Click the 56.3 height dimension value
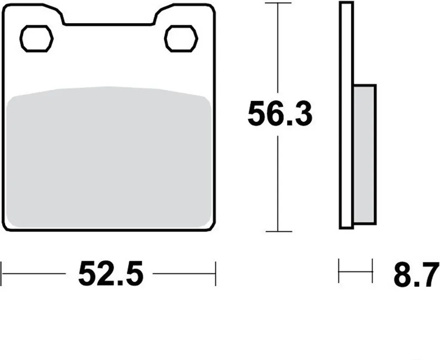[280, 114]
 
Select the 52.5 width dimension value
[111, 273]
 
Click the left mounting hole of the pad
[37, 38]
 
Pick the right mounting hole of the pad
[181, 38]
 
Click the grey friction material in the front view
[109, 157]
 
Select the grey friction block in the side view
[364, 154]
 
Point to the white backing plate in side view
[346, 115]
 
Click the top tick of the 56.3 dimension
[278, 3]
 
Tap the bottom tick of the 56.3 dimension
[278, 232]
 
